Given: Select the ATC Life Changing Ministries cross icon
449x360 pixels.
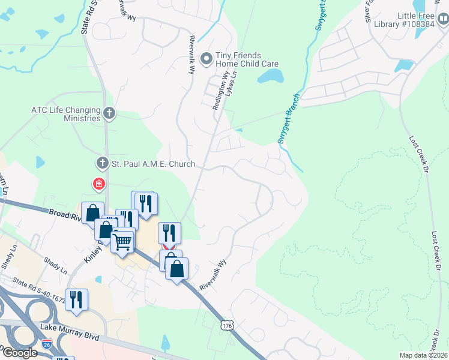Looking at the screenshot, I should tap(109, 112).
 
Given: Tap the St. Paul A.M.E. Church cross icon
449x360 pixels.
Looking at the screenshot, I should tap(102, 163).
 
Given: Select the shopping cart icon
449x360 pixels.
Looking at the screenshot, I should tap(122, 242).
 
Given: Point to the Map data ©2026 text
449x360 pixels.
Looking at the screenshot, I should tap(423, 355).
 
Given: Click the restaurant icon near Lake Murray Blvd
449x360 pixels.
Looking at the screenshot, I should tap(77, 299).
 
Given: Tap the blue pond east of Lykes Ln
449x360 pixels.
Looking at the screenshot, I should tap(271, 76).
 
